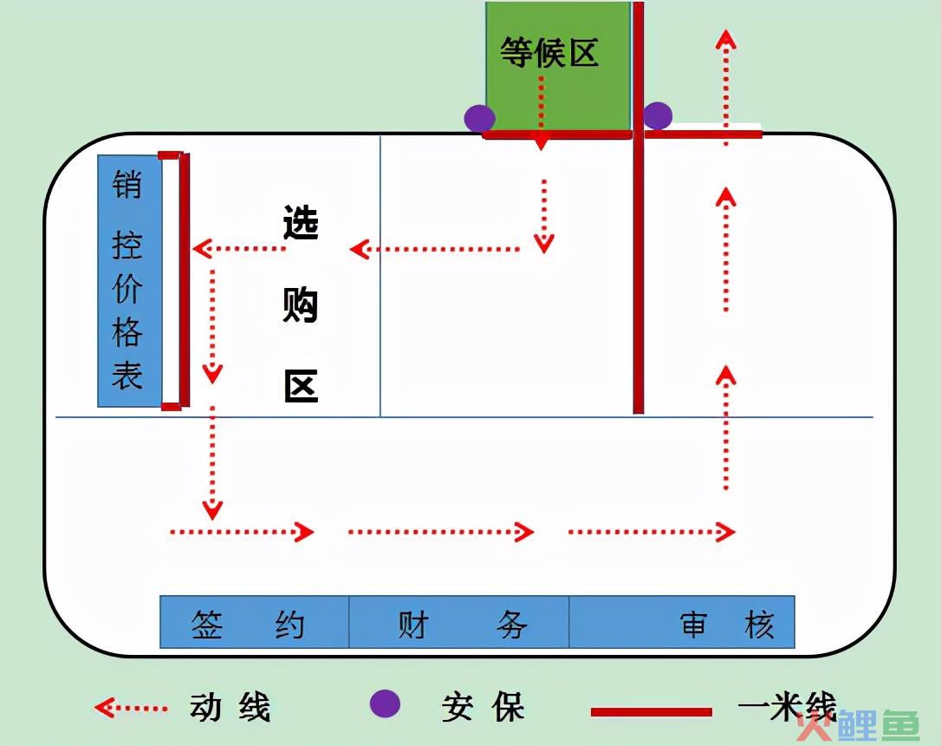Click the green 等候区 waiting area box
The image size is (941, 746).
click(557, 66)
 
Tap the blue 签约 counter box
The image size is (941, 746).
click(255, 622)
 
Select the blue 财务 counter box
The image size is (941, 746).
click(459, 622)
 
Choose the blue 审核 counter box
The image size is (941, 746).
click(682, 622)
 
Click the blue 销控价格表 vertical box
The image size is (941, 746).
click(130, 280)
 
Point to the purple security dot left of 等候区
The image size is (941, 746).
click(479, 118)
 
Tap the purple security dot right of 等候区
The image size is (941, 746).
click(658, 115)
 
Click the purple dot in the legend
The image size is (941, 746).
click(385, 704)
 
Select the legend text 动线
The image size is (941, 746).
click(230, 707)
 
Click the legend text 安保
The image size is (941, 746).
click(483, 707)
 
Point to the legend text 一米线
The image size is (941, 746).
click(787, 706)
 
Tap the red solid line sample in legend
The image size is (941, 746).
click(651, 712)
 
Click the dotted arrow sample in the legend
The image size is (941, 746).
click(131, 708)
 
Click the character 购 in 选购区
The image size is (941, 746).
click(301, 304)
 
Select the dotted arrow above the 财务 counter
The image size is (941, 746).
click(440, 532)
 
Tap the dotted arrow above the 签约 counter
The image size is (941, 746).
click(241, 532)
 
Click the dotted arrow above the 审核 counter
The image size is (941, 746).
click(651, 532)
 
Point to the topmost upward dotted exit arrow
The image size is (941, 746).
click(726, 88)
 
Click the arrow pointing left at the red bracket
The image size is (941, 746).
click(239, 248)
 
